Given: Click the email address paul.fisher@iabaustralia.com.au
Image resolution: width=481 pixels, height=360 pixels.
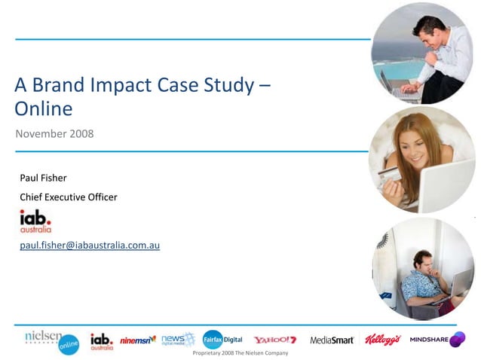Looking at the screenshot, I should click(x=89, y=246).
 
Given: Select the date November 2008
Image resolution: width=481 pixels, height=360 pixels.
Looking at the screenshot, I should click(x=54, y=133).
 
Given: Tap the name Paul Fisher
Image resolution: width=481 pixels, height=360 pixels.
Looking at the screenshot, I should click(x=43, y=178).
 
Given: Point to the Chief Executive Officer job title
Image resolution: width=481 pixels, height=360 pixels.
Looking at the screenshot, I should click(x=68, y=197).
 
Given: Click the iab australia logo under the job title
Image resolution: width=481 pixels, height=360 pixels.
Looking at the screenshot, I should click(x=35, y=221).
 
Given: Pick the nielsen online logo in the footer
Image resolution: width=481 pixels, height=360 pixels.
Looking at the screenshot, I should click(x=51, y=340).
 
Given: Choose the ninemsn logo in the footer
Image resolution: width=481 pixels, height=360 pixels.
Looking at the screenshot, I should click(x=137, y=340).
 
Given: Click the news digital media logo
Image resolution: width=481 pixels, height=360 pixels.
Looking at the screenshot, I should click(x=178, y=340).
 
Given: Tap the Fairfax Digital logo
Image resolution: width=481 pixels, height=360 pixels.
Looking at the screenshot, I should click(x=222, y=340).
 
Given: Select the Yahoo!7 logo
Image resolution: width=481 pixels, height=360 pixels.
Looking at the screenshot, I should click(x=274, y=340).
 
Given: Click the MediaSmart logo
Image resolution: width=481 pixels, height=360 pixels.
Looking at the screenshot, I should click(x=332, y=340).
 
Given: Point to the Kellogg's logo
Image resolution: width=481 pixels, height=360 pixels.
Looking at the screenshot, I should click(x=383, y=340).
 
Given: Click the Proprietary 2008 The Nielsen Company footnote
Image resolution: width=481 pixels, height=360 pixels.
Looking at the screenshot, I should click(x=240, y=352).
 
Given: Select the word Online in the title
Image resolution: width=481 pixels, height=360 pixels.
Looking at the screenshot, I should click(x=43, y=109).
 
